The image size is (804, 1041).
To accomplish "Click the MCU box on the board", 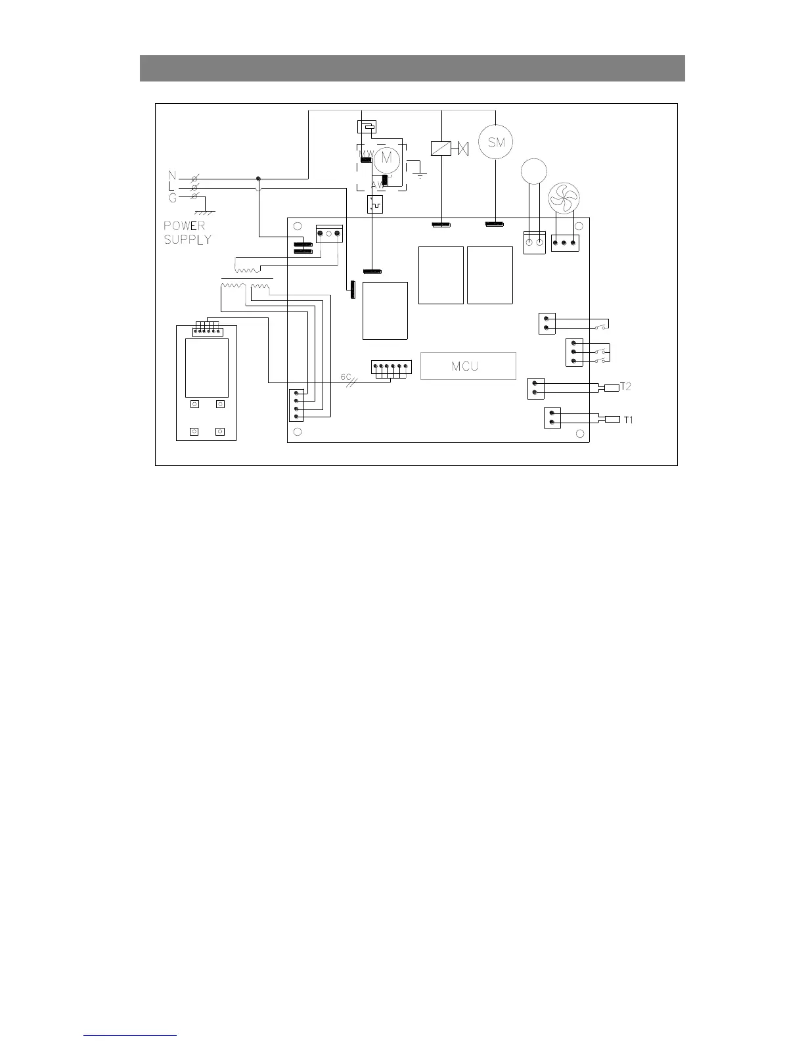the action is [468, 366].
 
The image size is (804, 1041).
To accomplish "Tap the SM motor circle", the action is [495, 142].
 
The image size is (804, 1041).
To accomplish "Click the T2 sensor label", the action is [626, 386].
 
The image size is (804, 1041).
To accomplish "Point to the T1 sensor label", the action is [629, 419].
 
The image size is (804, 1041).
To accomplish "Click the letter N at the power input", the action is [172, 175].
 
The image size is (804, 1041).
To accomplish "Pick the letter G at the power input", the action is [172, 197].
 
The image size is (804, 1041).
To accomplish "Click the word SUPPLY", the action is [187, 240].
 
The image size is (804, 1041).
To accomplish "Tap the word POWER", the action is [185, 226].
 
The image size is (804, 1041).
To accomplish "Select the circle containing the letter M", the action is [386, 158].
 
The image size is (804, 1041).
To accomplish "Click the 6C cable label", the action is [346, 377].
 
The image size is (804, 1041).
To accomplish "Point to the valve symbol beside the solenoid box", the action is [463, 149].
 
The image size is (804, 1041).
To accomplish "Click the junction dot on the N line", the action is [258, 178].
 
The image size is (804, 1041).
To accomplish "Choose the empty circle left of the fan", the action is [533, 171].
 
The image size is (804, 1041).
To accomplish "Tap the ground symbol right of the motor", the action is [420, 173].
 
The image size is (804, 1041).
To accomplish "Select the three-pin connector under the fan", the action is [564, 244].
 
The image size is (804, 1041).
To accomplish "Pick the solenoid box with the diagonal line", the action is [440, 149].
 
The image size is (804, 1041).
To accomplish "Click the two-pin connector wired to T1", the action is [552, 418].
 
